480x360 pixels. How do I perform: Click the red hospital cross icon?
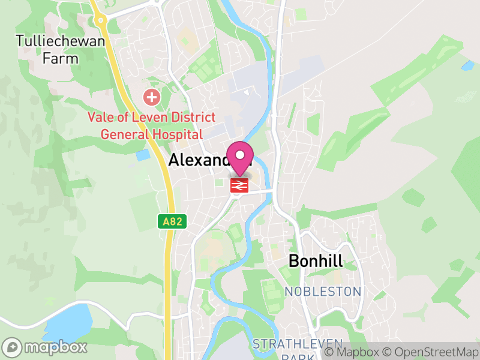coord(151,96)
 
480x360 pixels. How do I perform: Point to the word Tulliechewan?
coord(61,41)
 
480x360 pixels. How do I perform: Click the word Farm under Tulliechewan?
coord(61,59)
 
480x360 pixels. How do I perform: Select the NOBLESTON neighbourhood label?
coord(323,292)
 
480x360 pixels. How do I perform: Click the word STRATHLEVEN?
coord(298,344)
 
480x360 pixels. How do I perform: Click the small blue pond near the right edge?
coord(467,65)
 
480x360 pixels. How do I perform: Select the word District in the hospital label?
coord(188,118)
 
